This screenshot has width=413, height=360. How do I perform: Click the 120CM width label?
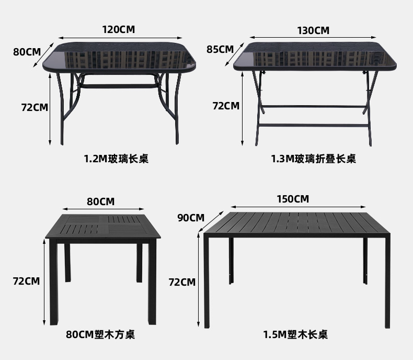[118, 29]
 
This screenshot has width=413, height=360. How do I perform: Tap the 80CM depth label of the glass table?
[27, 52]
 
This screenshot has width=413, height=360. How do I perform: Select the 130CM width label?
[313, 30]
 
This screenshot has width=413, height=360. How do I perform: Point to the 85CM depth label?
[220, 49]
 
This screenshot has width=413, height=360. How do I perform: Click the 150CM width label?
[293, 199]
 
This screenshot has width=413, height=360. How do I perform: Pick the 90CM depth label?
[191, 218]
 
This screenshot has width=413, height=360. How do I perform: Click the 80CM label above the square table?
[100, 201]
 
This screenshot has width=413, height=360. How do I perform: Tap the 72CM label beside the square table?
[26, 281]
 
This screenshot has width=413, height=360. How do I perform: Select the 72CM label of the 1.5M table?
[182, 282]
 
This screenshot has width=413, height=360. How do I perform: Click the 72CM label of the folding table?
[226, 106]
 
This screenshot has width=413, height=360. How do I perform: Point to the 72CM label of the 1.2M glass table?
[35, 107]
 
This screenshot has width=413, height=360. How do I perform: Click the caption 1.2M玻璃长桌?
[116, 159]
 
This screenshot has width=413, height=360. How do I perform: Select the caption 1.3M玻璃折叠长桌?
[313, 159]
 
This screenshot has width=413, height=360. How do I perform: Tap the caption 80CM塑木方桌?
[100, 334]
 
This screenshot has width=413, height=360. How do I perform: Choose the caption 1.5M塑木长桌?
[295, 334]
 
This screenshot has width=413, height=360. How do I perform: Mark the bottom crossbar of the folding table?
[313, 126]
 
